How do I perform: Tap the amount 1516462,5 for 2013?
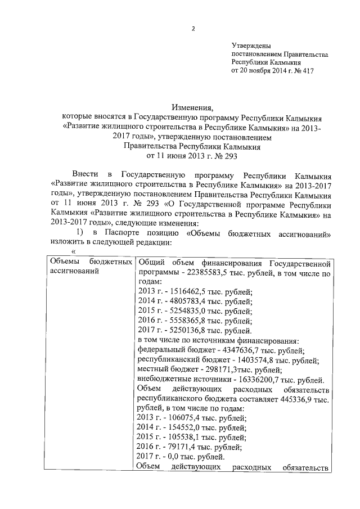pos(187,291)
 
